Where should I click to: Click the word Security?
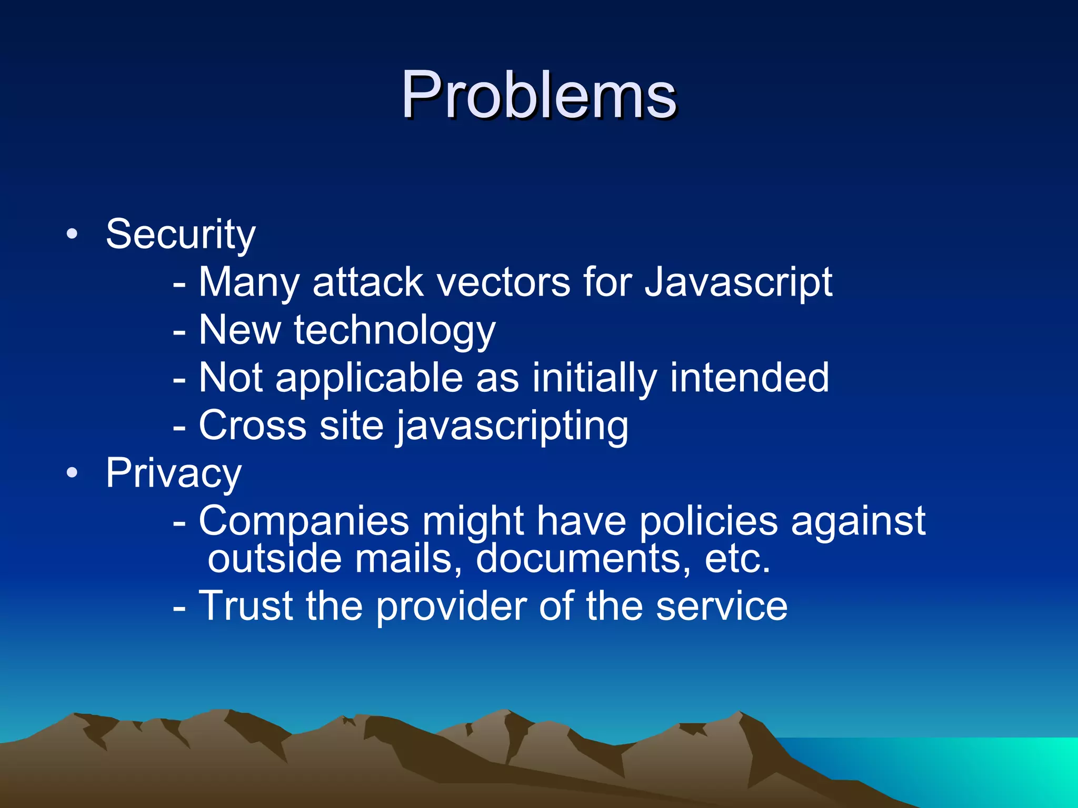tap(181, 234)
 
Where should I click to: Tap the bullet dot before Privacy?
tap(72, 472)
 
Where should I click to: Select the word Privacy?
tap(174, 473)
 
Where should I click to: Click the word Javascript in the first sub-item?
tap(738, 283)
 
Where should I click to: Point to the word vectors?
tap(504, 282)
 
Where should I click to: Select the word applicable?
tap(368, 379)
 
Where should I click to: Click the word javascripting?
tap(512, 426)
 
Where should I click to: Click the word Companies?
tap(304, 522)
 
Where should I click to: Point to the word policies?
tap(708, 522)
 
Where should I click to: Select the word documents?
tap(583, 559)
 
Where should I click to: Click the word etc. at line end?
tap(737, 559)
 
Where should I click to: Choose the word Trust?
tap(245, 606)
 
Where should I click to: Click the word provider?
tap(451, 607)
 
